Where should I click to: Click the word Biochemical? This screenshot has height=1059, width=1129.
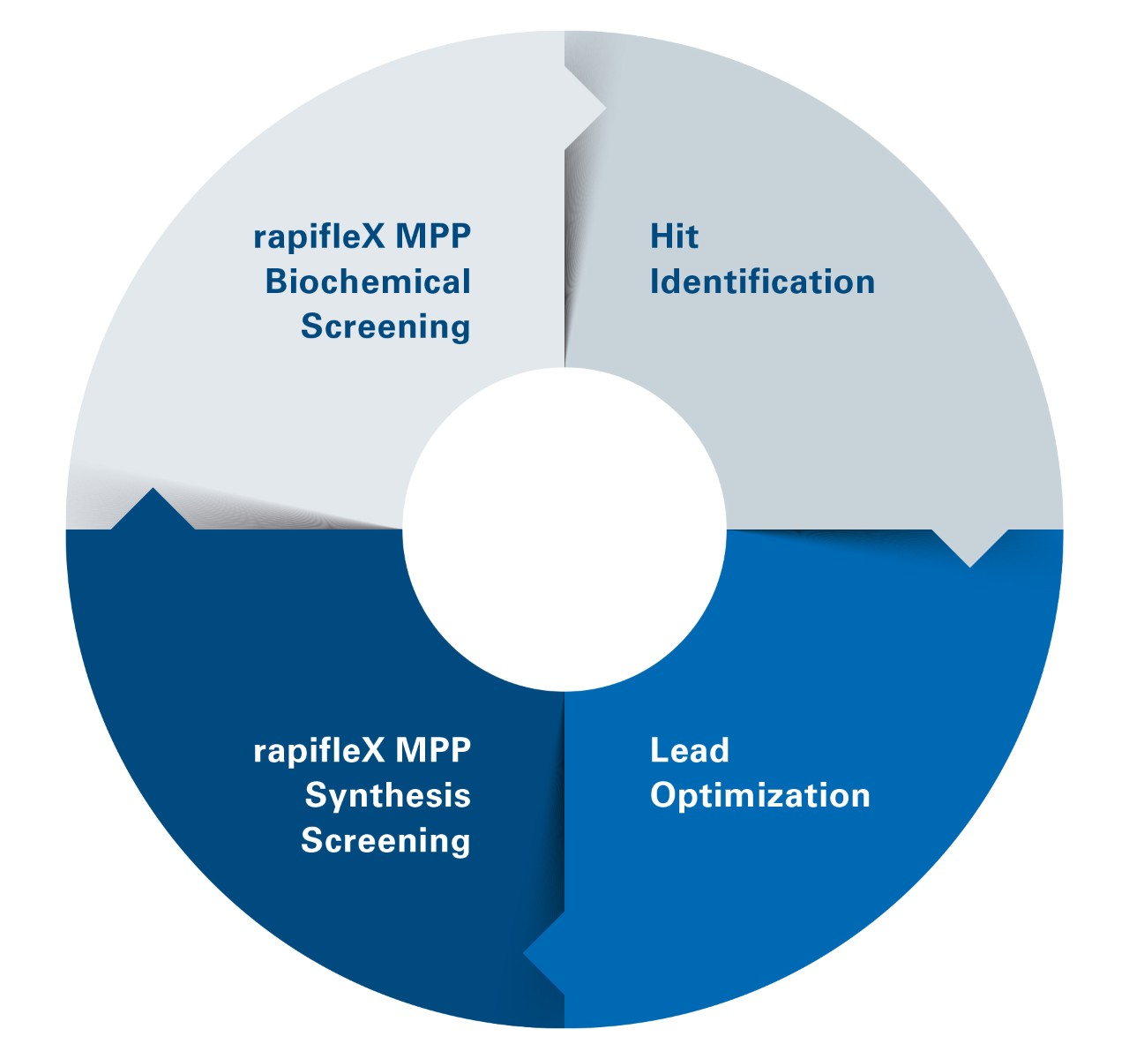click(x=368, y=282)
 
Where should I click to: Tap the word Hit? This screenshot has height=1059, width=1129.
click(x=674, y=237)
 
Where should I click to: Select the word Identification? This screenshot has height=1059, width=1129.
click(x=762, y=282)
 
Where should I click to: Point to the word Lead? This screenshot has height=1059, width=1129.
click(x=689, y=750)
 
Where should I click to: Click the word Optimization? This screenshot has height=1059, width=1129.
click(x=759, y=795)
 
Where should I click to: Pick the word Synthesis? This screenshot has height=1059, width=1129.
click(x=387, y=795)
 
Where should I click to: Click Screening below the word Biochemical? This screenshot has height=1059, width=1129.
click(x=385, y=327)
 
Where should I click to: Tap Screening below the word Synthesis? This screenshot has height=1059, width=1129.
click(x=385, y=840)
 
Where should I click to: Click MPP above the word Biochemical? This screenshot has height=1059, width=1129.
click(x=433, y=237)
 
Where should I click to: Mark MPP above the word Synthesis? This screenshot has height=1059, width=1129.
click(x=433, y=750)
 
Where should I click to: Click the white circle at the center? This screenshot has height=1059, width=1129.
click(x=564, y=529)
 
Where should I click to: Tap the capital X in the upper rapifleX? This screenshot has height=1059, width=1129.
click(x=374, y=237)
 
